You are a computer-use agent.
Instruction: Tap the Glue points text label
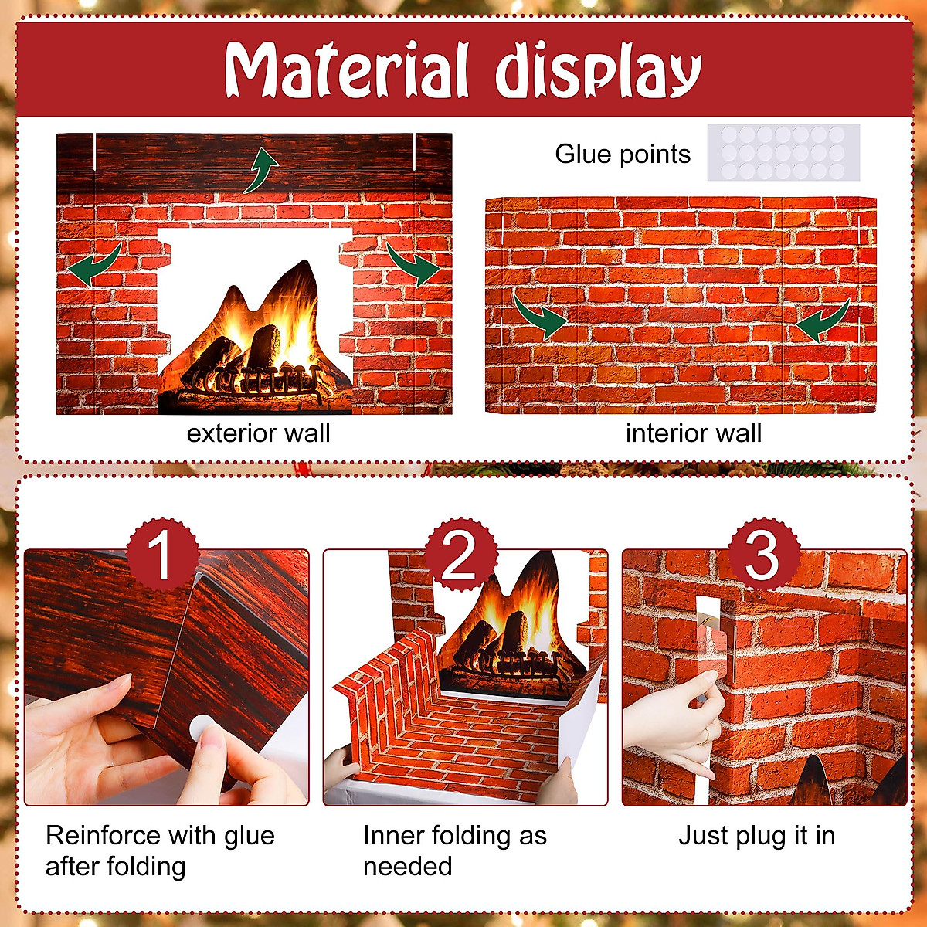tap(623, 154)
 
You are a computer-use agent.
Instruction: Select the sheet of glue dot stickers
tap(783, 152)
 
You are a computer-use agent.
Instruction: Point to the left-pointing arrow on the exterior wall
tap(94, 265)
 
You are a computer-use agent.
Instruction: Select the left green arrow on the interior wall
tap(538, 315)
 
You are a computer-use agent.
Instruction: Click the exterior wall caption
tap(258, 433)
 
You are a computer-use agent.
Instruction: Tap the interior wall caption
tap(693, 433)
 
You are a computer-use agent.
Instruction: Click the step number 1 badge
tap(161, 555)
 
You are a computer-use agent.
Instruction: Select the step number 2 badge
tap(460, 555)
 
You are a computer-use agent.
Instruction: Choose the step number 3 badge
tap(761, 555)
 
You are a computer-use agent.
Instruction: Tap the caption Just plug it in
tap(756, 835)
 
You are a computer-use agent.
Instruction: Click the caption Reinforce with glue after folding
tap(159, 851)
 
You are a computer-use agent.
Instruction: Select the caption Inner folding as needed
tap(454, 851)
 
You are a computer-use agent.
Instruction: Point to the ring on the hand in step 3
tap(705, 739)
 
